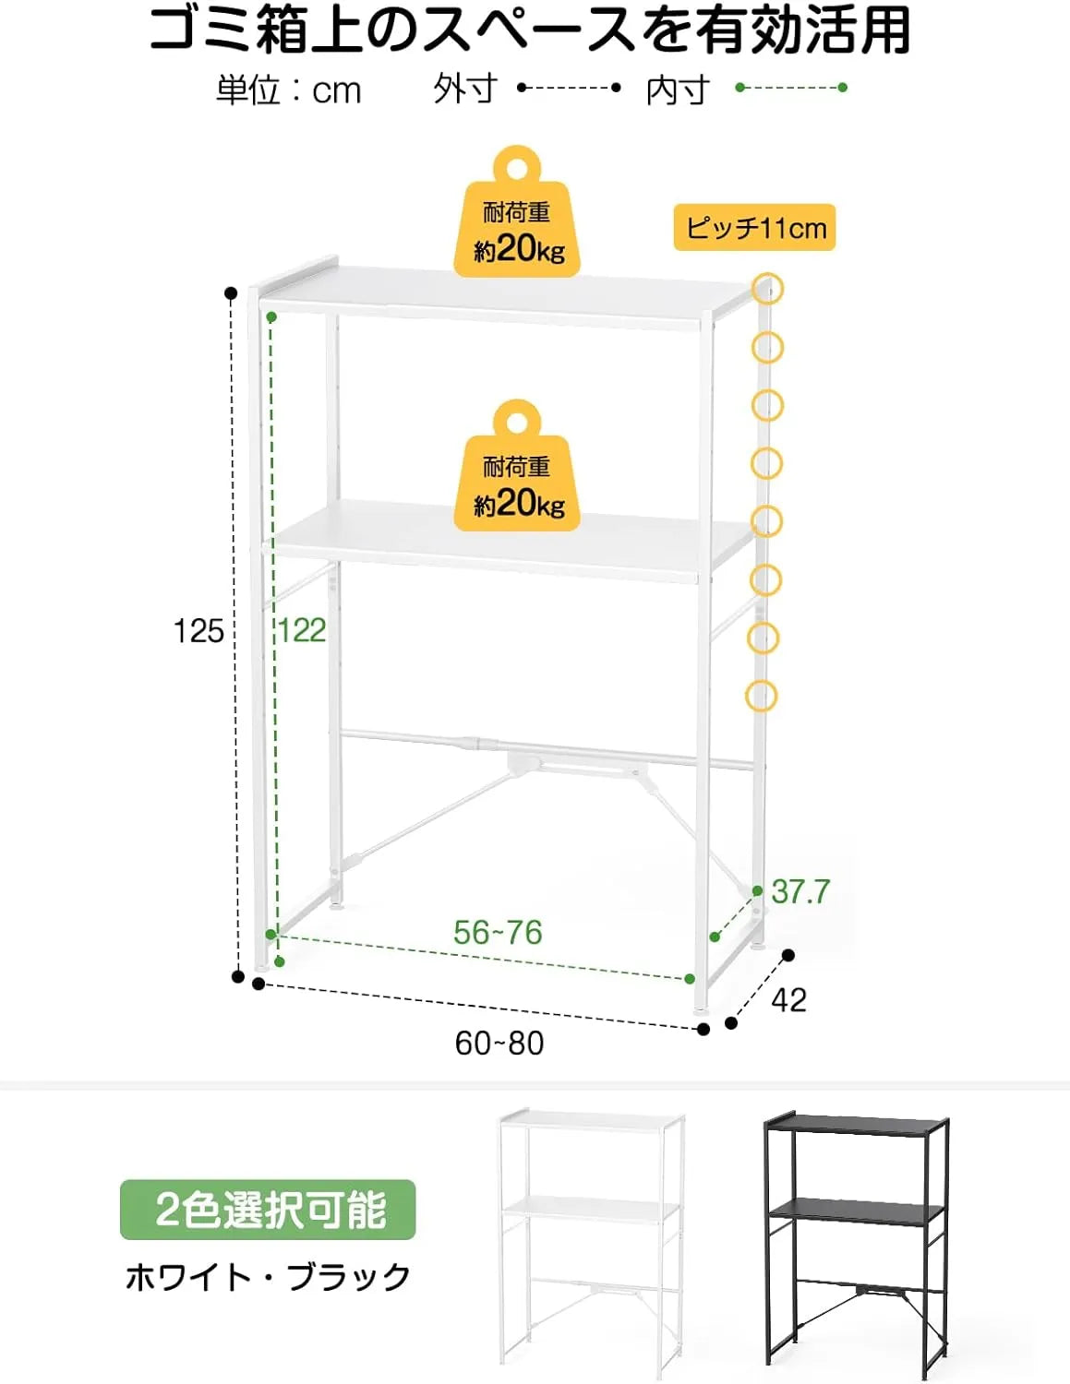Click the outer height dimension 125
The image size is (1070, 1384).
(x=198, y=631)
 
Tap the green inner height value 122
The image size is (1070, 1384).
(x=302, y=630)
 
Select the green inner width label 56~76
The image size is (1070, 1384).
(x=498, y=933)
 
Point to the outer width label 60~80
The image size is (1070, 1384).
(x=499, y=1044)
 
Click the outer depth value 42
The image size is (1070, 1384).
(x=789, y=1000)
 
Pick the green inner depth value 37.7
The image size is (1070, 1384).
(x=800, y=891)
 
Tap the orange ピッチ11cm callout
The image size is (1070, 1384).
(x=754, y=227)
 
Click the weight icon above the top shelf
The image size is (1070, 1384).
(x=517, y=212)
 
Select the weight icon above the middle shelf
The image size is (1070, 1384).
(x=517, y=466)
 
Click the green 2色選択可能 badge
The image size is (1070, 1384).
(x=268, y=1210)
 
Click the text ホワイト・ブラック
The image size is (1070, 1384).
(x=268, y=1277)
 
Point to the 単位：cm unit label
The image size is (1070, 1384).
(x=289, y=89)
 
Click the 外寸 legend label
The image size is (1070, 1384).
(x=465, y=89)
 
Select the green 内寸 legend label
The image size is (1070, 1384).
(x=678, y=89)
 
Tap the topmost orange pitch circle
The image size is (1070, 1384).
(x=767, y=289)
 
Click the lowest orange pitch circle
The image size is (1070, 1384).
(x=762, y=696)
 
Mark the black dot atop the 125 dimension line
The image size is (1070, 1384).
(x=232, y=293)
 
